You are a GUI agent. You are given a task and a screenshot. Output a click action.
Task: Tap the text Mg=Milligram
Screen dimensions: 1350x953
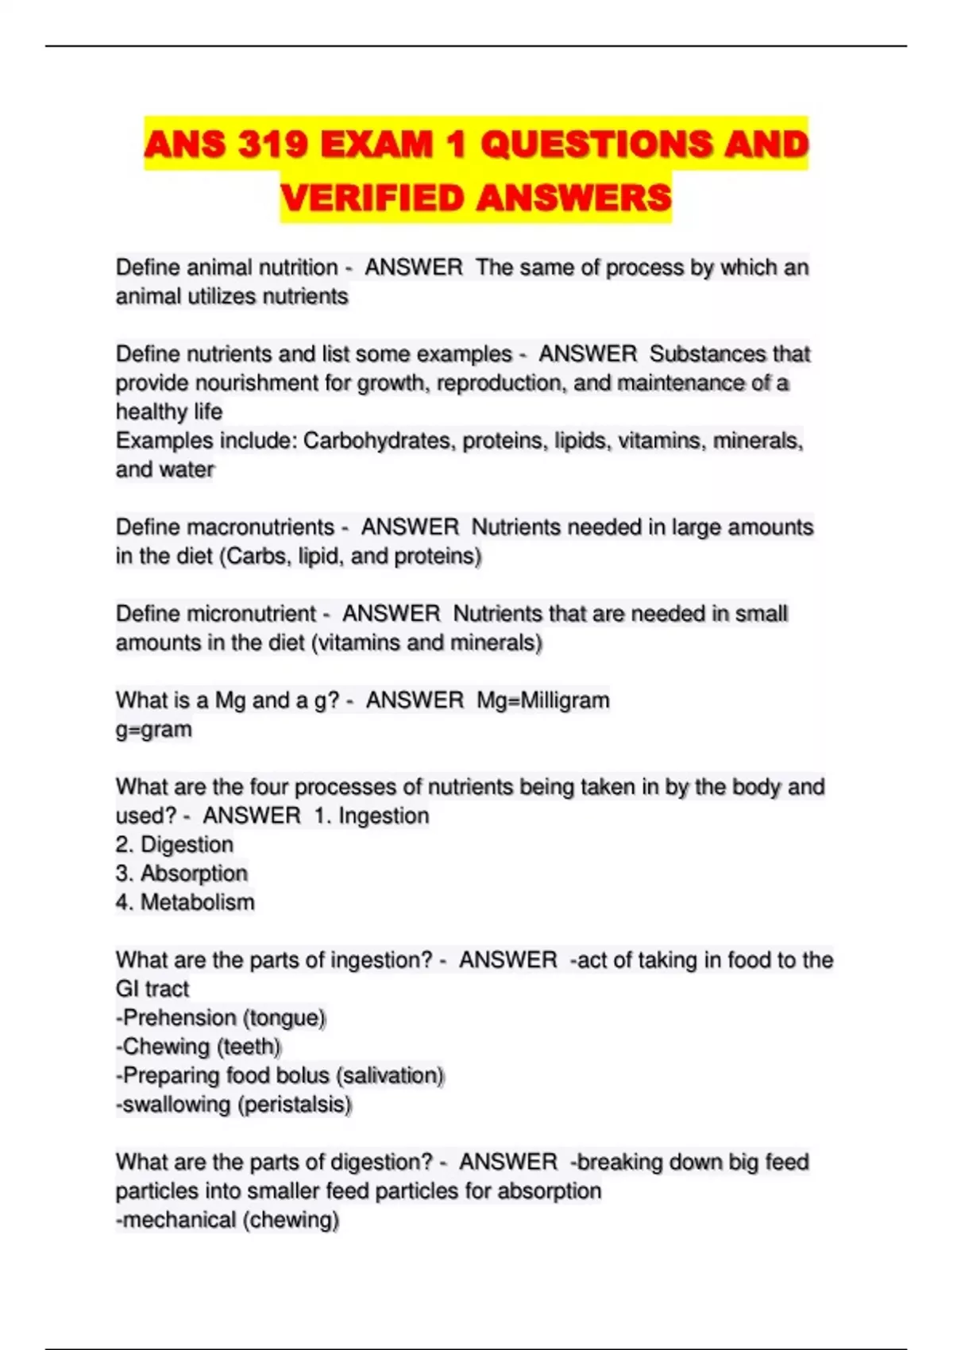pos(543,700)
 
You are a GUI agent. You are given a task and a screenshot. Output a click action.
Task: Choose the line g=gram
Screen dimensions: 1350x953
pos(154,729)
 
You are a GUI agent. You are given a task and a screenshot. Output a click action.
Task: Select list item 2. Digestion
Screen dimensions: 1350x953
pos(175,844)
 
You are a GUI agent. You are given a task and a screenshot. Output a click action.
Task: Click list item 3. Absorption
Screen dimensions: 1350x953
pos(182,874)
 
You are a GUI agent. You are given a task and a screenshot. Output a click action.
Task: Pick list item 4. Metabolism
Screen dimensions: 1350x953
pos(185,902)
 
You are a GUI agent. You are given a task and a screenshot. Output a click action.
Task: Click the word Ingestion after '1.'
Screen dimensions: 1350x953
pos(384,816)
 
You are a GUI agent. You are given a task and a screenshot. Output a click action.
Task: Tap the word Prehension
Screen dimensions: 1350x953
pos(179,1018)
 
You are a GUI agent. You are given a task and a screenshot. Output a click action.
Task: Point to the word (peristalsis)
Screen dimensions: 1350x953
pos(294,1105)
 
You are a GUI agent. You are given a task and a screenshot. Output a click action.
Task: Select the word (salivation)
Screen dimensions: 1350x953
pos(390,1076)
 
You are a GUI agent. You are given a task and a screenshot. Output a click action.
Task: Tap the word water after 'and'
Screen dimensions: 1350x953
pos(187,469)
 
